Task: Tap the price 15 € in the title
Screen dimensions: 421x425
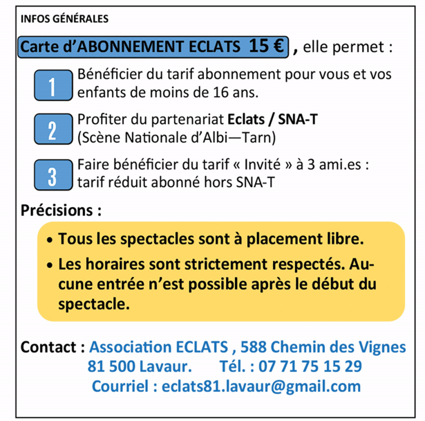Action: (x=267, y=46)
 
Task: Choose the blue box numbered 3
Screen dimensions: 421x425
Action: (x=53, y=174)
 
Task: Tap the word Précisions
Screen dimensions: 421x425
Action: (x=62, y=208)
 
